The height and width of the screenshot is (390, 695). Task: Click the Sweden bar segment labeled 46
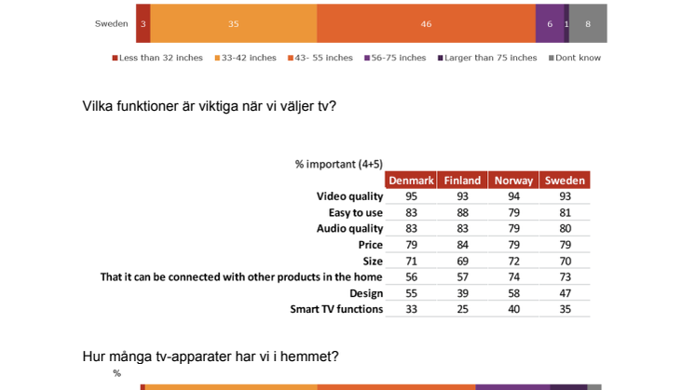click(x=426, y=23)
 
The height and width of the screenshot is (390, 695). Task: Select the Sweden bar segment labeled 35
click(x=234, y=23)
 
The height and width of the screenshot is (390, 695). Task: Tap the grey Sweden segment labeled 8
click(x=588, y=23)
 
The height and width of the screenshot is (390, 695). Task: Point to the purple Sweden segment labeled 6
click(x=550, y=23)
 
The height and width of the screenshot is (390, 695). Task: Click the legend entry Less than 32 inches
click(x=157, y=58)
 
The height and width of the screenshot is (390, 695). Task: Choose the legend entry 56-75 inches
click(x=395, y=58)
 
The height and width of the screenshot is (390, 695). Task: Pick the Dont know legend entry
click(x=575, y=58)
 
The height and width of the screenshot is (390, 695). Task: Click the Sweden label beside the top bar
click(x=111, y=24)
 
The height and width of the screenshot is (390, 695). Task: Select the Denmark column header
click(x=411, y=181)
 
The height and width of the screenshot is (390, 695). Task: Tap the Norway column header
click(x=513, y=181)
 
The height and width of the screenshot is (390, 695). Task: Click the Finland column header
click(x=462, y=181)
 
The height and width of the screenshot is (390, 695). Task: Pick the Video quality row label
click(x=349, y=196)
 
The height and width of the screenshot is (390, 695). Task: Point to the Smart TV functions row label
click(x=336, y=309)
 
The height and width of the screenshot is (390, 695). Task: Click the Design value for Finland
click(x=462, y=293)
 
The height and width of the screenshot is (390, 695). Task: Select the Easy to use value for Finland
click(x=462, y=212)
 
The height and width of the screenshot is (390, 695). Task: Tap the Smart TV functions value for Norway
click(x=513, y=309)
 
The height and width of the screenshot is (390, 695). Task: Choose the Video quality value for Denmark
click(x=412, y=196)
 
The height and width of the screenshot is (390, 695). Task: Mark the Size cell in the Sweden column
click(x=566, y=262)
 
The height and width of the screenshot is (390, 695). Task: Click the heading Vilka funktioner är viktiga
click(x=210, y=106)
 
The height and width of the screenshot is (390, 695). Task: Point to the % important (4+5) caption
click(x=338, y=164)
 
